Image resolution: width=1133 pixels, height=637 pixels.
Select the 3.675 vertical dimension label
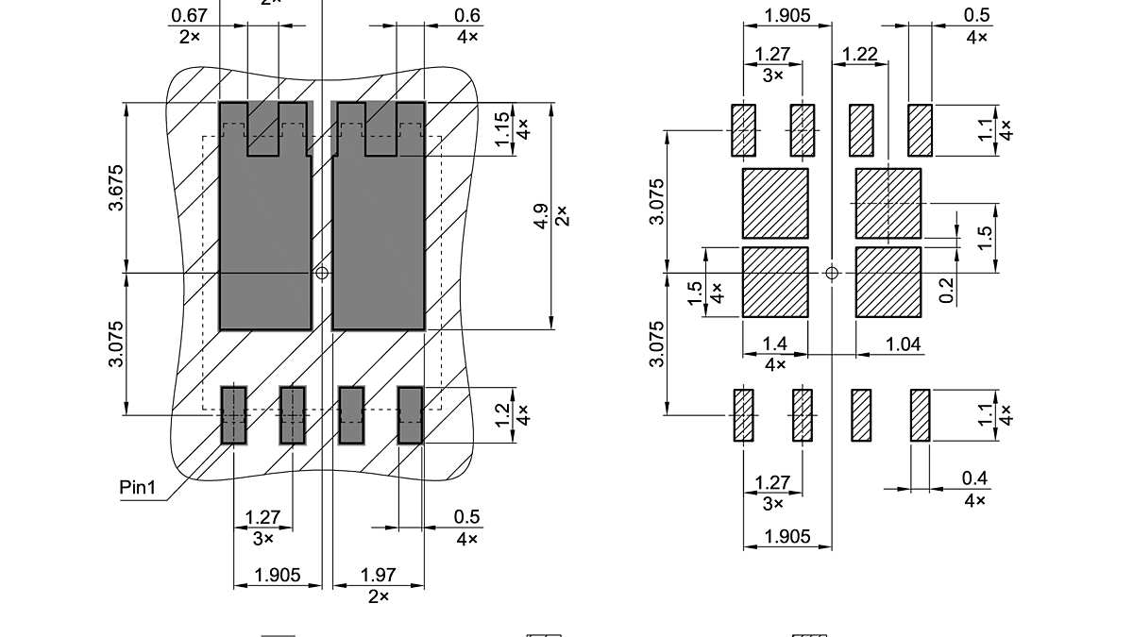coord(117,189)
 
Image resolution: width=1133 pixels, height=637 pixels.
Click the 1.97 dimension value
coord(378,575)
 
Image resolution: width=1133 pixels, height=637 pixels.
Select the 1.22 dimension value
coord(860,55)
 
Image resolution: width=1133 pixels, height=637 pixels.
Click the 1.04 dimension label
coord(903,344)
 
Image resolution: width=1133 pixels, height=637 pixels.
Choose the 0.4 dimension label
coord(974,478)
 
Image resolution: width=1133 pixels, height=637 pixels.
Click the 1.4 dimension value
coord(774,344)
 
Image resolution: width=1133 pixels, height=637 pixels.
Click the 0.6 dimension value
coord(466,15)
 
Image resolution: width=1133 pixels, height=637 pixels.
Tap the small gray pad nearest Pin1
coord(233,415)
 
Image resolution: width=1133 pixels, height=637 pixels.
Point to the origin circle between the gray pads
coord(322,273)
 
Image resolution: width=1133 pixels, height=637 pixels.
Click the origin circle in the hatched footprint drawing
coord(832,273)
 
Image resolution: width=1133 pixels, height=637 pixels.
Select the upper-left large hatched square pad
coord(775,203)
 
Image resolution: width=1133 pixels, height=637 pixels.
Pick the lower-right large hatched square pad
coord(888,282)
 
